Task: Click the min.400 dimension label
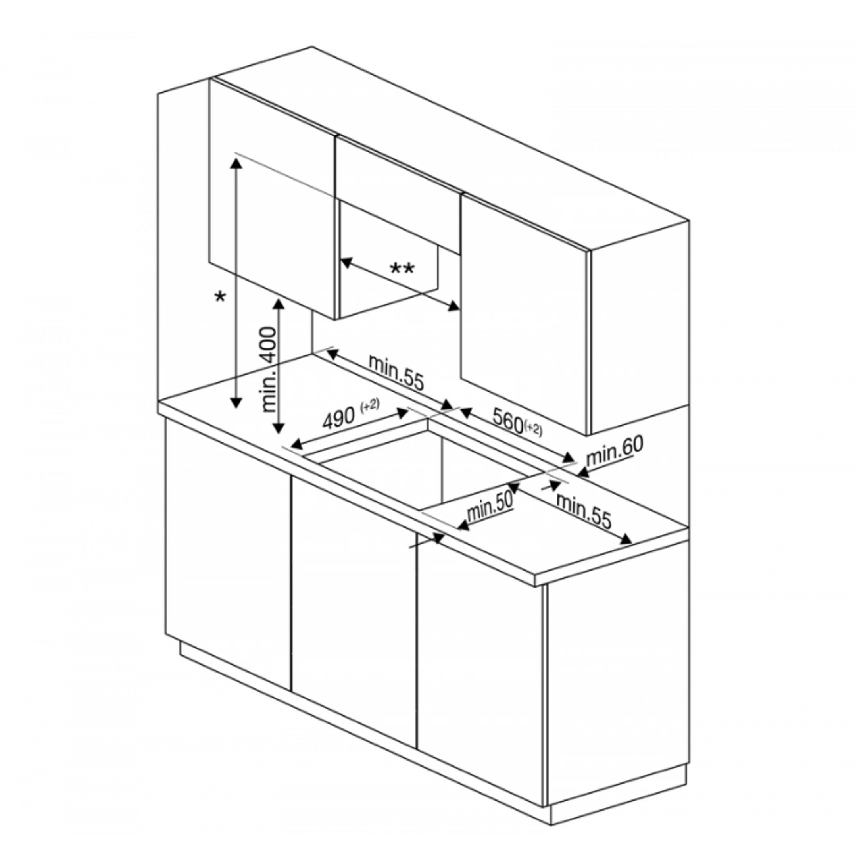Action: [270, 370]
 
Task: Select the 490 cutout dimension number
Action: [339, 418]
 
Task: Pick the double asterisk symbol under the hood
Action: [402, 269]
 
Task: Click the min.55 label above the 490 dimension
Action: [396, 373]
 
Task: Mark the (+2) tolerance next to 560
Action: [533, 429]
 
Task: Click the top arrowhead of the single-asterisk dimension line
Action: [236, 163]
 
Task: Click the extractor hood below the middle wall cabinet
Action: [388, 259]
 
